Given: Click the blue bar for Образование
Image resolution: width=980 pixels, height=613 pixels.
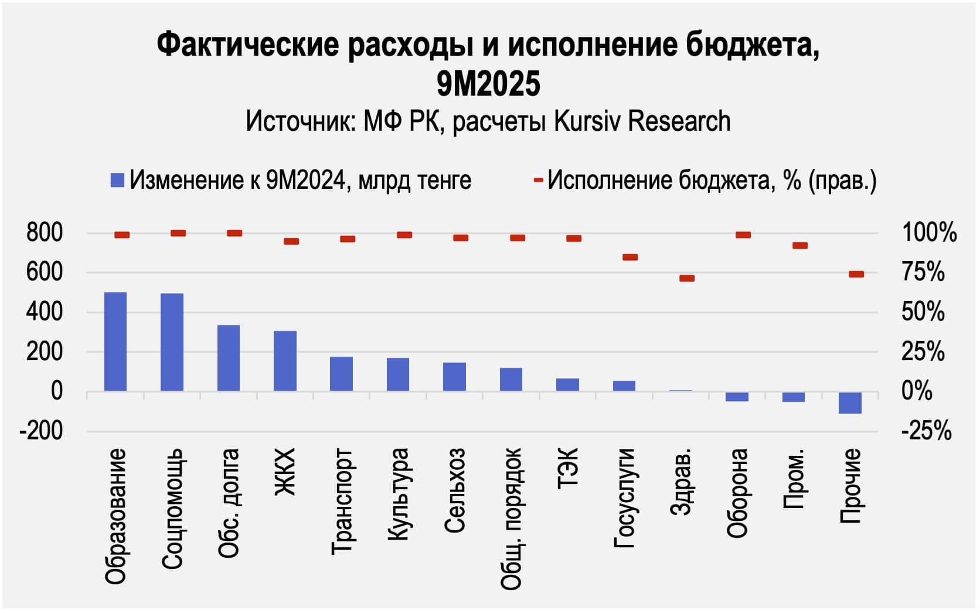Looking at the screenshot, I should click(115, 341).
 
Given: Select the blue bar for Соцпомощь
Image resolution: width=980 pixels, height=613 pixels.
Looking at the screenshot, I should click(172, 342).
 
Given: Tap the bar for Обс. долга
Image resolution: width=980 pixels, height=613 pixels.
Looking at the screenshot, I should click(229, 358).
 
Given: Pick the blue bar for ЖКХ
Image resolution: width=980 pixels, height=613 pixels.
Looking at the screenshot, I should click(285, 361).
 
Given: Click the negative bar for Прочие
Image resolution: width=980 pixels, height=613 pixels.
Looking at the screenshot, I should click(850, 403).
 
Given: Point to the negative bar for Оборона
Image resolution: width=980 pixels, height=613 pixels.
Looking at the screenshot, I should click(737, 397).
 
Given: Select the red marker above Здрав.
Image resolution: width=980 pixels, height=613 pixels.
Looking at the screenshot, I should click(687, 278).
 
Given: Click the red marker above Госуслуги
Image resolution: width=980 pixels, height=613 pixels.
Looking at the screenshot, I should click(630, 257).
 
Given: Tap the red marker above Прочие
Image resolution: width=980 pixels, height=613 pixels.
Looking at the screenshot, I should click(856, 274).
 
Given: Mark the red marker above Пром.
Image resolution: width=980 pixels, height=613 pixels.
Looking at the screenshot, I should click(800, 245).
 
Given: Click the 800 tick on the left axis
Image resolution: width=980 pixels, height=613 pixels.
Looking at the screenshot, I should click(45, 233).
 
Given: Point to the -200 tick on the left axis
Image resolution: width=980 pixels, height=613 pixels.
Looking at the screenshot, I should click(41, 431).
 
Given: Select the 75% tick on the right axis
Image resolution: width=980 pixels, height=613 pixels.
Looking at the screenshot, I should click(923, 273).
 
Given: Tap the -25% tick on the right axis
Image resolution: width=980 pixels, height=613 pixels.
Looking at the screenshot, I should click(926, 431).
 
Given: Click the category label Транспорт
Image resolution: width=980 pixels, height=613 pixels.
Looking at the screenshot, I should click(342, 501).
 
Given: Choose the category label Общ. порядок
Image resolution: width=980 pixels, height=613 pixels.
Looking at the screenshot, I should click(511, 518).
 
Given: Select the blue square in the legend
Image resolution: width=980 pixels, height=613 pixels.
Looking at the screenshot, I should click(117, 180).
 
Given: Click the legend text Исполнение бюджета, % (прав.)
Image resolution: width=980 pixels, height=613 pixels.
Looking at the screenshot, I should click(712, 180).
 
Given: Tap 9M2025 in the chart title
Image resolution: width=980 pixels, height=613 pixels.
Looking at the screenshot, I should click(488, 84).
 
